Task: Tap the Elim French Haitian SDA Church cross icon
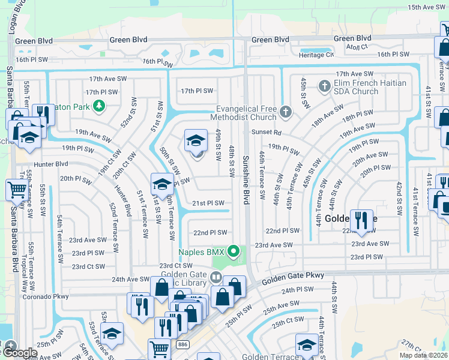(325, 86)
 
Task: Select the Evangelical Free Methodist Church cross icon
(285, 112)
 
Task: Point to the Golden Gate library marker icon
(215, 277)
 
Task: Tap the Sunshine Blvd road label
(246, 180)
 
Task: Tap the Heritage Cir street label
(321, 55)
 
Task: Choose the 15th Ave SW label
(427, 7)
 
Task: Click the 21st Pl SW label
(208, 203)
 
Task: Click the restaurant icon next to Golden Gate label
(361, 220)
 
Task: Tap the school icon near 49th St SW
(196, 142)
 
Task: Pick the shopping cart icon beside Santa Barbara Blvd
(16, 190)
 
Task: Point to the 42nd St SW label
(399, 197)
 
